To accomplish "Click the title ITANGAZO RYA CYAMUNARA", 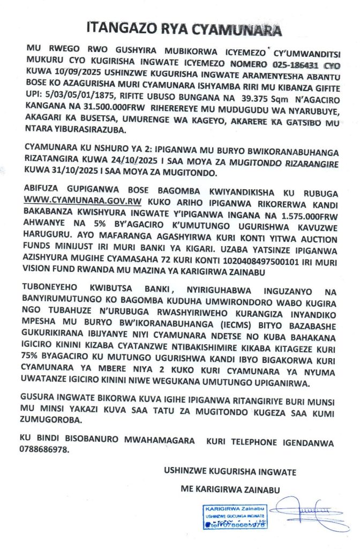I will pyautogui.click(x=185, y=28).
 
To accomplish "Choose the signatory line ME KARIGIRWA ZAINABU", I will pyautogui.click(x=231, y=489).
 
